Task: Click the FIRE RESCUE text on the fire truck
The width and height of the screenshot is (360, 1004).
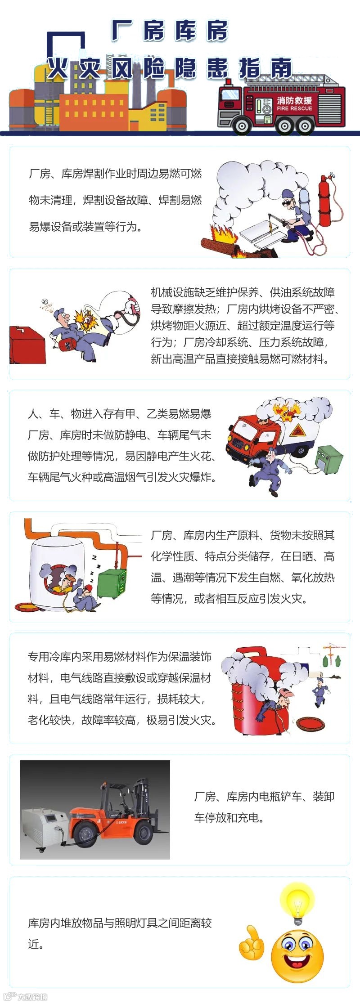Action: click(294, 108)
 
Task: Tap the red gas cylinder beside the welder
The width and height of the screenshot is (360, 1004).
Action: click(325, 200)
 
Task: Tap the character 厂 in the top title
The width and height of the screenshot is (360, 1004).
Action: click(122, 31)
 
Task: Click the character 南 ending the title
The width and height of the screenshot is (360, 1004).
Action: click(281, 68)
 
